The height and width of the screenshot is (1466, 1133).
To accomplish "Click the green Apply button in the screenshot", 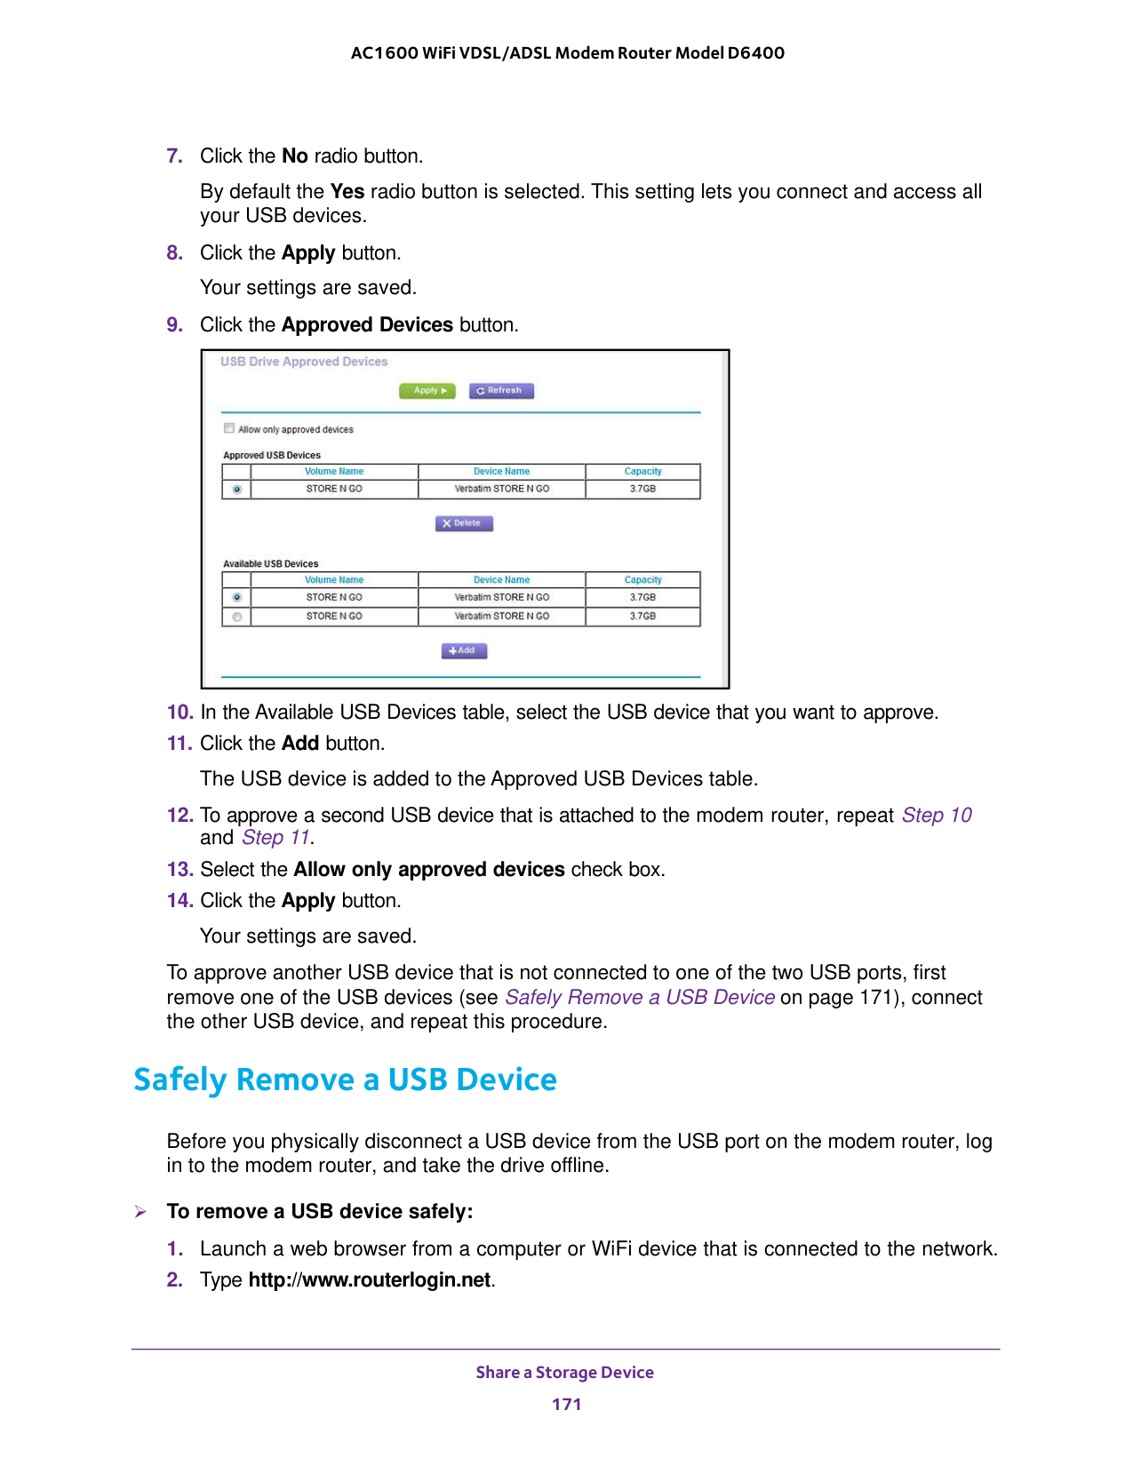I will click(x=427, y=391).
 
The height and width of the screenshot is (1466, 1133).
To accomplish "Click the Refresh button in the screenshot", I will click(x=501, y=391).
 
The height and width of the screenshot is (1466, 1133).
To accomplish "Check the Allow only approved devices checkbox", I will click(x=229, y=428).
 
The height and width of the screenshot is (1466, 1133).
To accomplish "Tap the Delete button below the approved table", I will click(x=464, y=523).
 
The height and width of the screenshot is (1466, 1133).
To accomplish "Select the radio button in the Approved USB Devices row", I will click(x=236, y=490).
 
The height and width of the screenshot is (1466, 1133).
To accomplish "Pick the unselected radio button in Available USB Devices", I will click(x=236, y=617).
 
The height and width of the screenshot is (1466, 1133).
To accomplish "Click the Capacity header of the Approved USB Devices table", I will click(x=642, y=472).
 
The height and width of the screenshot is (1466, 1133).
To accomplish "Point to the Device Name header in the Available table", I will click(x=501, y=580).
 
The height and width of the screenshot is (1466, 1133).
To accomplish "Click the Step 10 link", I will click(x=937, y=816).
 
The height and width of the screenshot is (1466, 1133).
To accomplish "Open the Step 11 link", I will click(x=275, y=838).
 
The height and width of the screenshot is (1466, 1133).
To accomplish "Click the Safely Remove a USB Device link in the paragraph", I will click(x=640, y=998).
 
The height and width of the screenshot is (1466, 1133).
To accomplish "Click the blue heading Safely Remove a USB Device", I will click(x=345, y=1080).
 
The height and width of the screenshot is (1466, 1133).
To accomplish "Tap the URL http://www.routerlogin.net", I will click(x=370, y=1280).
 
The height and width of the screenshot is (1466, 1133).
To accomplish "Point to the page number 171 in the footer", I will click(x=566, y=1405).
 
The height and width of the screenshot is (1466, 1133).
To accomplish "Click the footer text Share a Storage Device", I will click(x=564, y=1373).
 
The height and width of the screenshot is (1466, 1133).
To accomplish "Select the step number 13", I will click(x=180, y=870).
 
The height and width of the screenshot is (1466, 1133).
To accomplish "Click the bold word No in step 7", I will click(x=295, y=156).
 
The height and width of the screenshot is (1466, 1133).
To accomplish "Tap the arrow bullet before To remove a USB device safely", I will click(x=140, y=1212).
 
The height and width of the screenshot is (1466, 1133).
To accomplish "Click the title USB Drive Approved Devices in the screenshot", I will click(x=304, y=363).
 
